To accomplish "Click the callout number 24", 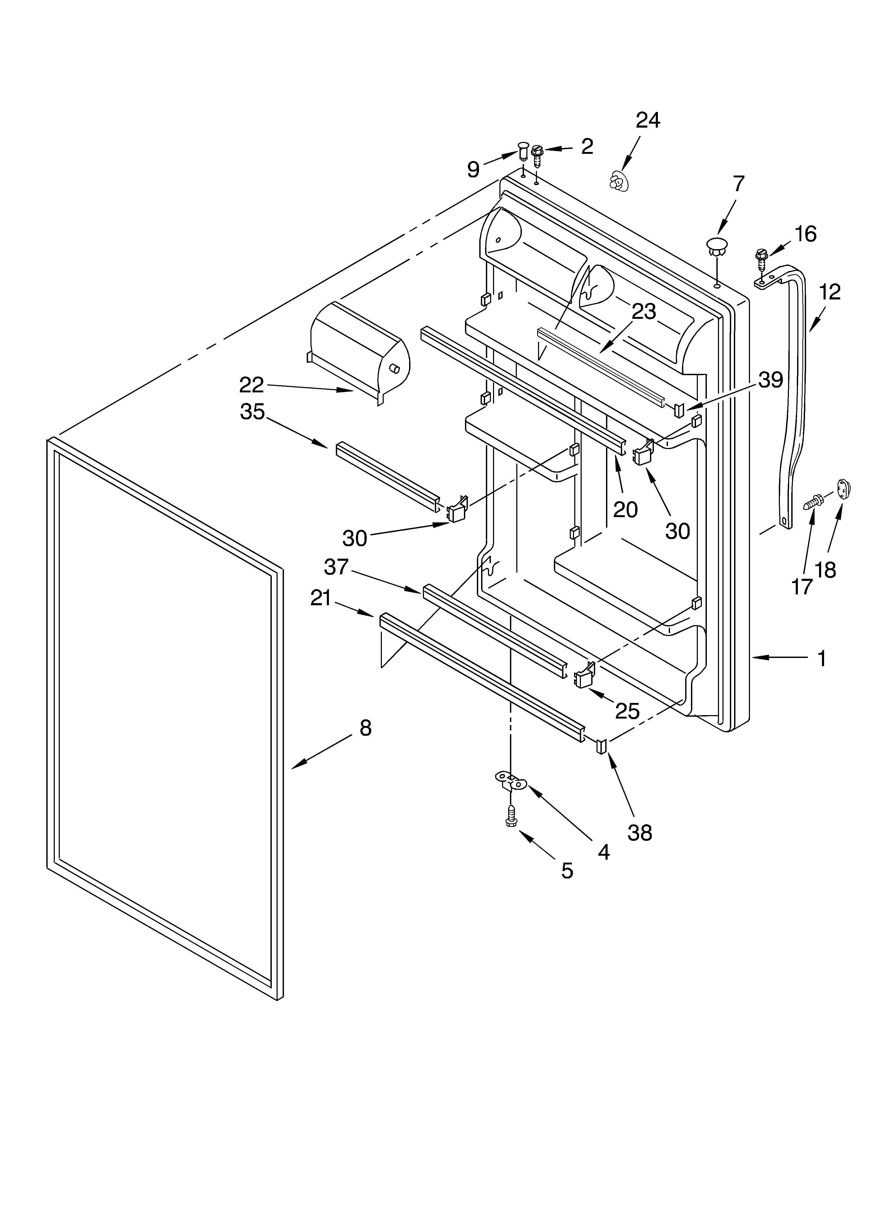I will [x=648, y=120].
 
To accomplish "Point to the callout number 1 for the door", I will [x=821, y=658].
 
